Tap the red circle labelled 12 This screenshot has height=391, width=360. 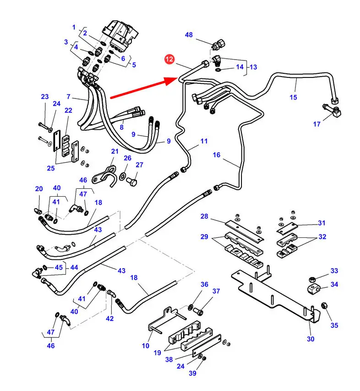point(170,59)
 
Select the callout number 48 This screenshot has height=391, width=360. point(189,35)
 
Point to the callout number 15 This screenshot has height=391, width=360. point(293,97)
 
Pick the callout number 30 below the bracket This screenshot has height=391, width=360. point(311,339)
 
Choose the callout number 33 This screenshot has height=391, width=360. point(334,271)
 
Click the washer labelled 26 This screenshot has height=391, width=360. point(124,176)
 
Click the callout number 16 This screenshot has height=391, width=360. point(216,155)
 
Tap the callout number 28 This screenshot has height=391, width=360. point(204,216)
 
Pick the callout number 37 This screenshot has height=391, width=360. point(216,291)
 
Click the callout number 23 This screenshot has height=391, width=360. point(44,97)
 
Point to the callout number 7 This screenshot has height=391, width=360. point(68,97)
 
